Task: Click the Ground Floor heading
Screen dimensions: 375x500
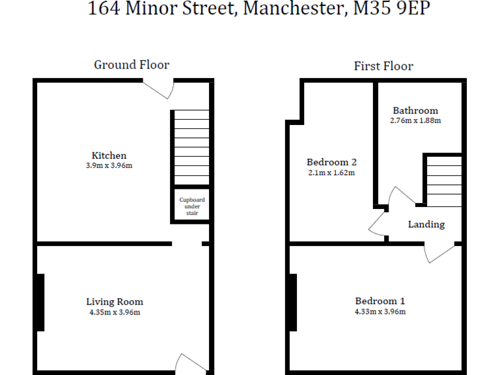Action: [132, 64]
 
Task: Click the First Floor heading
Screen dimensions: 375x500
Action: [383, 66]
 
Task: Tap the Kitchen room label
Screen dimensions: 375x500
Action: [109, 156]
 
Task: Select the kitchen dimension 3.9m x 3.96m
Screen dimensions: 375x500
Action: [109, 165]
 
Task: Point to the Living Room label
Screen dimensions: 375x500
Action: [115, 301]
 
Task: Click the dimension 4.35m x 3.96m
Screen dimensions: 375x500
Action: [115, 312]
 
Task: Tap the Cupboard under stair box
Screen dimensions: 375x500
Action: [192, 206]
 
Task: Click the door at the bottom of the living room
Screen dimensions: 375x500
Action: [189, 363]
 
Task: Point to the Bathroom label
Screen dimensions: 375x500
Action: [415, 111]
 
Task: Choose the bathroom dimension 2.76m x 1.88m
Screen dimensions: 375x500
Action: [415, 120]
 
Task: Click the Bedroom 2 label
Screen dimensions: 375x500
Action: [331, 162]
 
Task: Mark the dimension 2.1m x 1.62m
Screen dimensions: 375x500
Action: [331, 173]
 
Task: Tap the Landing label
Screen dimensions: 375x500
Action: [426, 225]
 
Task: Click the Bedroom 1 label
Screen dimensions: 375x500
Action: [380, 301]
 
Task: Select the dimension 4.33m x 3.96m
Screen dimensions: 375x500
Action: [380, 311]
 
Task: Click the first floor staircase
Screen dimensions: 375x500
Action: [443, 182]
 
